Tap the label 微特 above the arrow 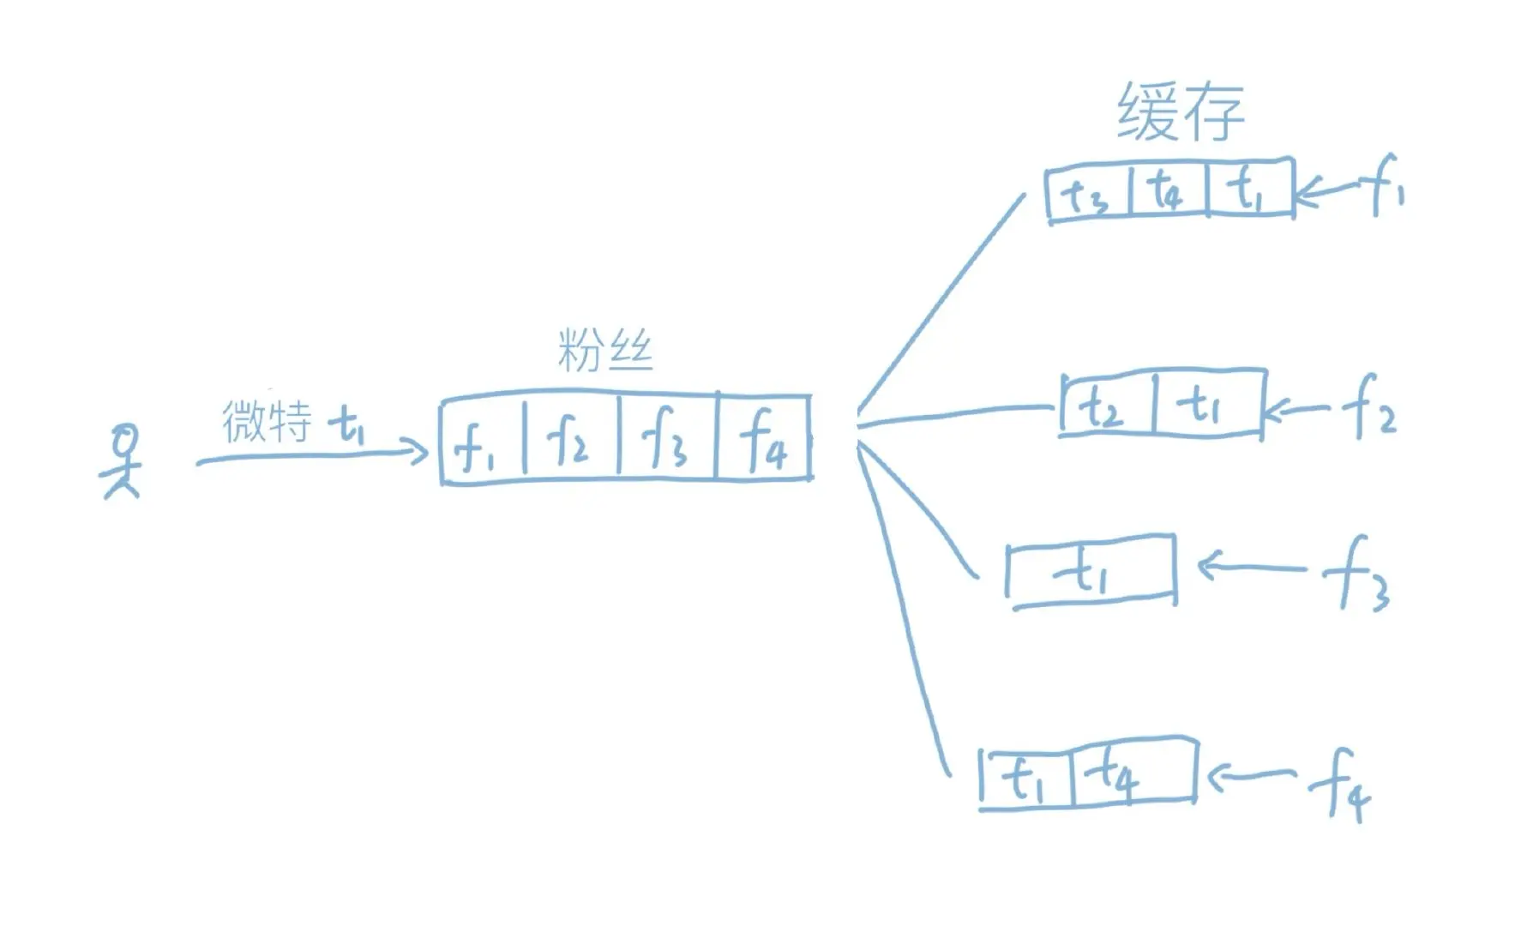[x=267, y=421]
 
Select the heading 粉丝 [x=605, y=352]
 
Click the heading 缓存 [x=1181, y=113]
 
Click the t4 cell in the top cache [x=1167, y=189]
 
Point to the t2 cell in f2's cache [x=1106, y=406]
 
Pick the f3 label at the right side [x=1357, y=573]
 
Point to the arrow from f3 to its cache [x=1250, y=567]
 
